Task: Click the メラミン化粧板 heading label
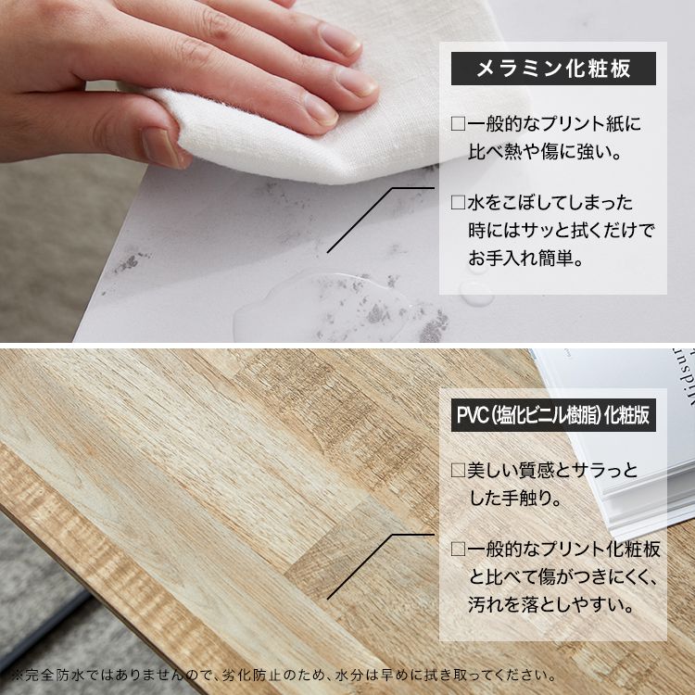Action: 553,69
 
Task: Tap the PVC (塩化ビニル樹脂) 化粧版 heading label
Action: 553,414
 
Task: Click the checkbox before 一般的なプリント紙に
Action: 458,123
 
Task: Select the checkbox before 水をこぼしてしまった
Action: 458,203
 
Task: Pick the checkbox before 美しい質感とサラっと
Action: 458,472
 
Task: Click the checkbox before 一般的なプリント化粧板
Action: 458,550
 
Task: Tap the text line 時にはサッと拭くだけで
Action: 561,231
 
